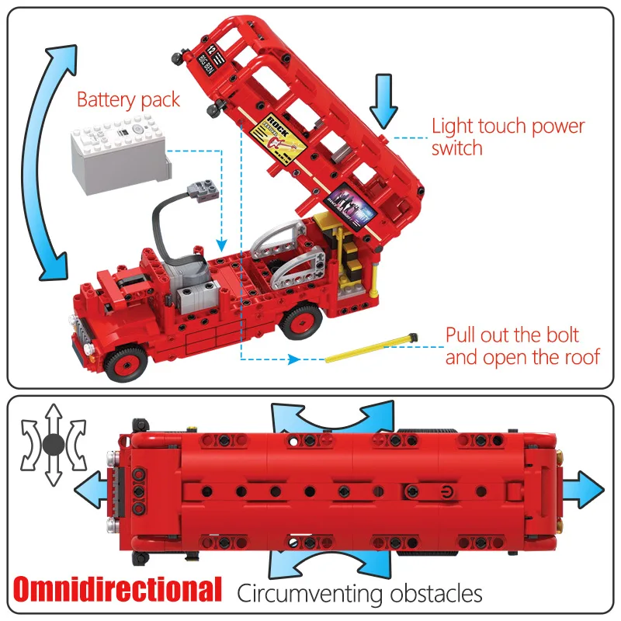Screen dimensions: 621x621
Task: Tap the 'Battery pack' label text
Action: [128, 100]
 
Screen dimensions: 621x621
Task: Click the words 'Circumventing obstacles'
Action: [359, 594]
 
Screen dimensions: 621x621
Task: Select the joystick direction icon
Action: [53, 444]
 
